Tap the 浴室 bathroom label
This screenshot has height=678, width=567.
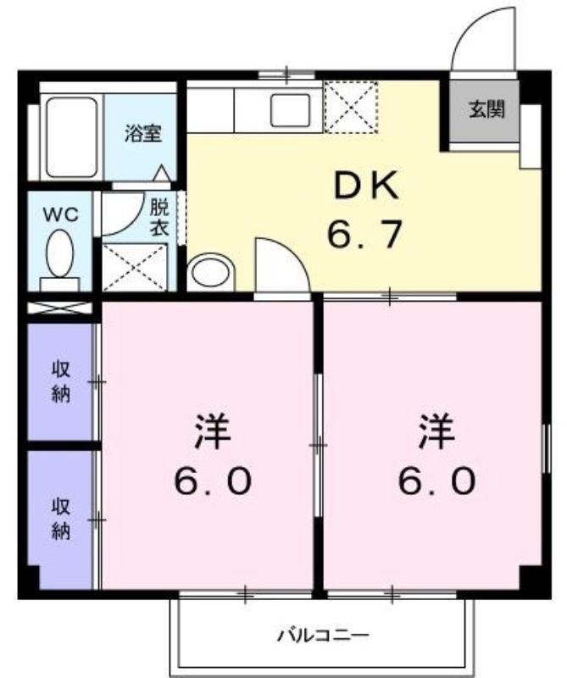pyautogui.click(x=143, y=133)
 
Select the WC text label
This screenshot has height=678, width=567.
pyautogui.click(x=60, y=214)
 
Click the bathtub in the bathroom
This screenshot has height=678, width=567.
pyautogui.click(x=72, y=136)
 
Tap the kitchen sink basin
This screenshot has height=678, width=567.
pyautogui.click(x=291, y=110)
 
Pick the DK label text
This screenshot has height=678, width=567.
pyautogui.click(x=367, y=185)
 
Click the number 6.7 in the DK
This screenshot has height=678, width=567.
pyautogui.click(x=364, y=234)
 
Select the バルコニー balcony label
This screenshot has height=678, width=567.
pyautogui.click(x=324, y=635)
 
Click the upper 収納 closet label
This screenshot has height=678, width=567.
pyautogui.click(x=61, y=381)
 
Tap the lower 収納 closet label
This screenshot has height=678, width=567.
pyautogui.click(x=61, y=519)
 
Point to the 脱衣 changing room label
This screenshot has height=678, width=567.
pyautogui.click(x=159, y=218)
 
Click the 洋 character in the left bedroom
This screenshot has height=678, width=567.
pyautogui.click(x=213, y=432)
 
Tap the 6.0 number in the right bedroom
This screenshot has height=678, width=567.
pyautogui.click(x=436, y=481)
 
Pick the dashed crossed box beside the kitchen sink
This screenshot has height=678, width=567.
pyautogui.click(x=351, y=107)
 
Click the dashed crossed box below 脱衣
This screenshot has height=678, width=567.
pyautogui.click(x=135, y=267)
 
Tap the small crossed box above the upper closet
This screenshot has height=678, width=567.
pyautogui.click(x=59, y=308)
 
